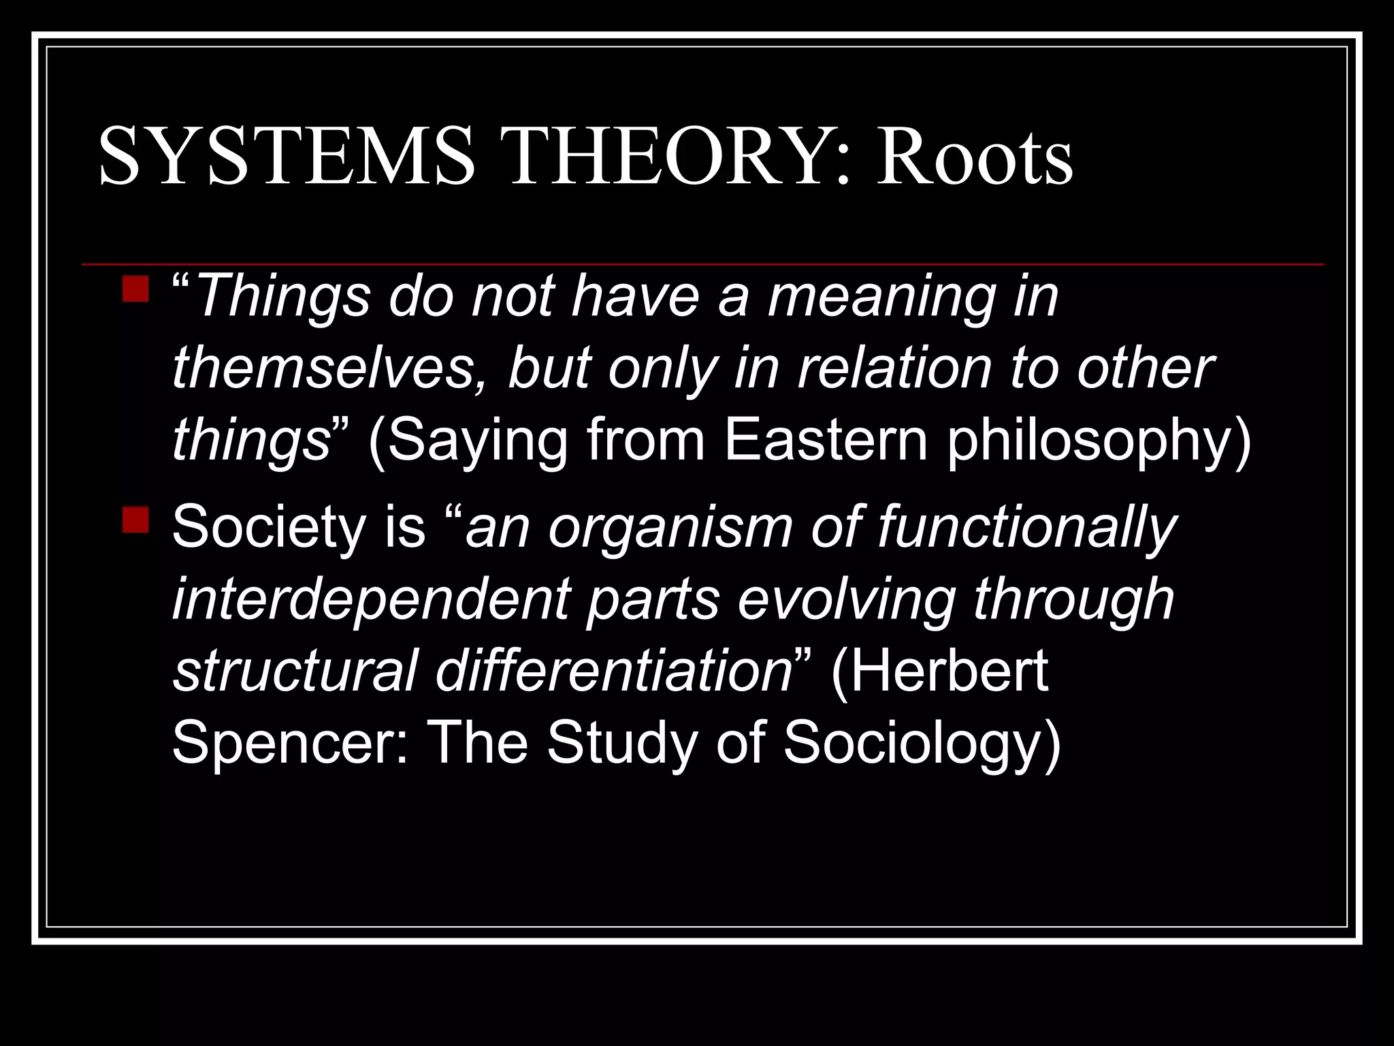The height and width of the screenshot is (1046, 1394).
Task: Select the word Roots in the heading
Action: click(x=974, y=157)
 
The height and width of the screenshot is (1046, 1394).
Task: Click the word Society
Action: click(x=269, y=528)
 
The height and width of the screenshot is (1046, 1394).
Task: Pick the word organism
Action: click(x=670, y=530)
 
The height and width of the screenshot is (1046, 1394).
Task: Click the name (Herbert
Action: click(x=939, y=673)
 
